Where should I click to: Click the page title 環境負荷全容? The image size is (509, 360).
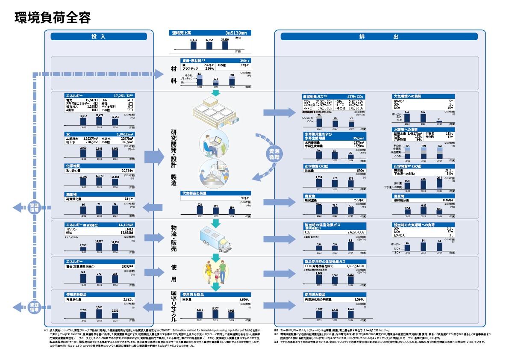[52, 18]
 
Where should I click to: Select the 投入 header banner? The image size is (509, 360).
[99, 37]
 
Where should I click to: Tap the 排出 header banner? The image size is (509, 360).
[380, 37]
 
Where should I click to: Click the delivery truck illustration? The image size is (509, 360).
[216, 239]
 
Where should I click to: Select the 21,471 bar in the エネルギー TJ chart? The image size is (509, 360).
[99, 121]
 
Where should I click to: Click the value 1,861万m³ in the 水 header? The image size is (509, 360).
[124, 134]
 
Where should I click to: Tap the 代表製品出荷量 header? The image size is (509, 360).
[197, 193]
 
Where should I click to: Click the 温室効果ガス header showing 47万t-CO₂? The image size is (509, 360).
[334, 97]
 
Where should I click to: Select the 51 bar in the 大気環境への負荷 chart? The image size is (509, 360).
[439, 122]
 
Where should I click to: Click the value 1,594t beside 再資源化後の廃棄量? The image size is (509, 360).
[359, 299]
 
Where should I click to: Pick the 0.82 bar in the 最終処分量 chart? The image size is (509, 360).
[423, 210]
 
